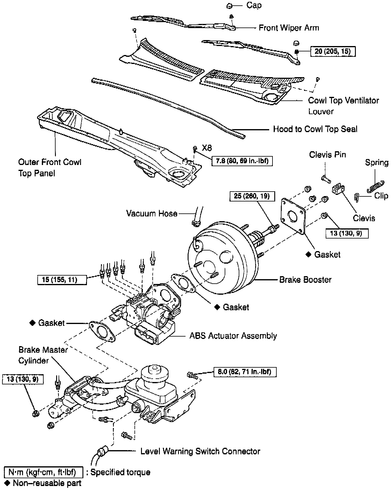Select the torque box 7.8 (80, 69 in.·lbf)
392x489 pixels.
click(x=242, y=161)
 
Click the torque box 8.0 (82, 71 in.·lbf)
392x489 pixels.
click(x=245, y=372)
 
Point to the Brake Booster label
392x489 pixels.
click(x=305, y=280)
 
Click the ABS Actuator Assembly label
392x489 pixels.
click(x=233, y=336)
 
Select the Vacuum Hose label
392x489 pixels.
click(x=152, y=213)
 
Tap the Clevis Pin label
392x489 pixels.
click(x=327, y=155)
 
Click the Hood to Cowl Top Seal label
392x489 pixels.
click(x=315, y=129)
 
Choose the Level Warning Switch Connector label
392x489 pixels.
click(x=200, y=451)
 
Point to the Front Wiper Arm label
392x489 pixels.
click(x=289, y=28)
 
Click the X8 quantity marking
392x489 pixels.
click(x=207, y=148)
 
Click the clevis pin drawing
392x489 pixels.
click(x=326, y=178)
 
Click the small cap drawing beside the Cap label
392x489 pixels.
click(x=229, y=5)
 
